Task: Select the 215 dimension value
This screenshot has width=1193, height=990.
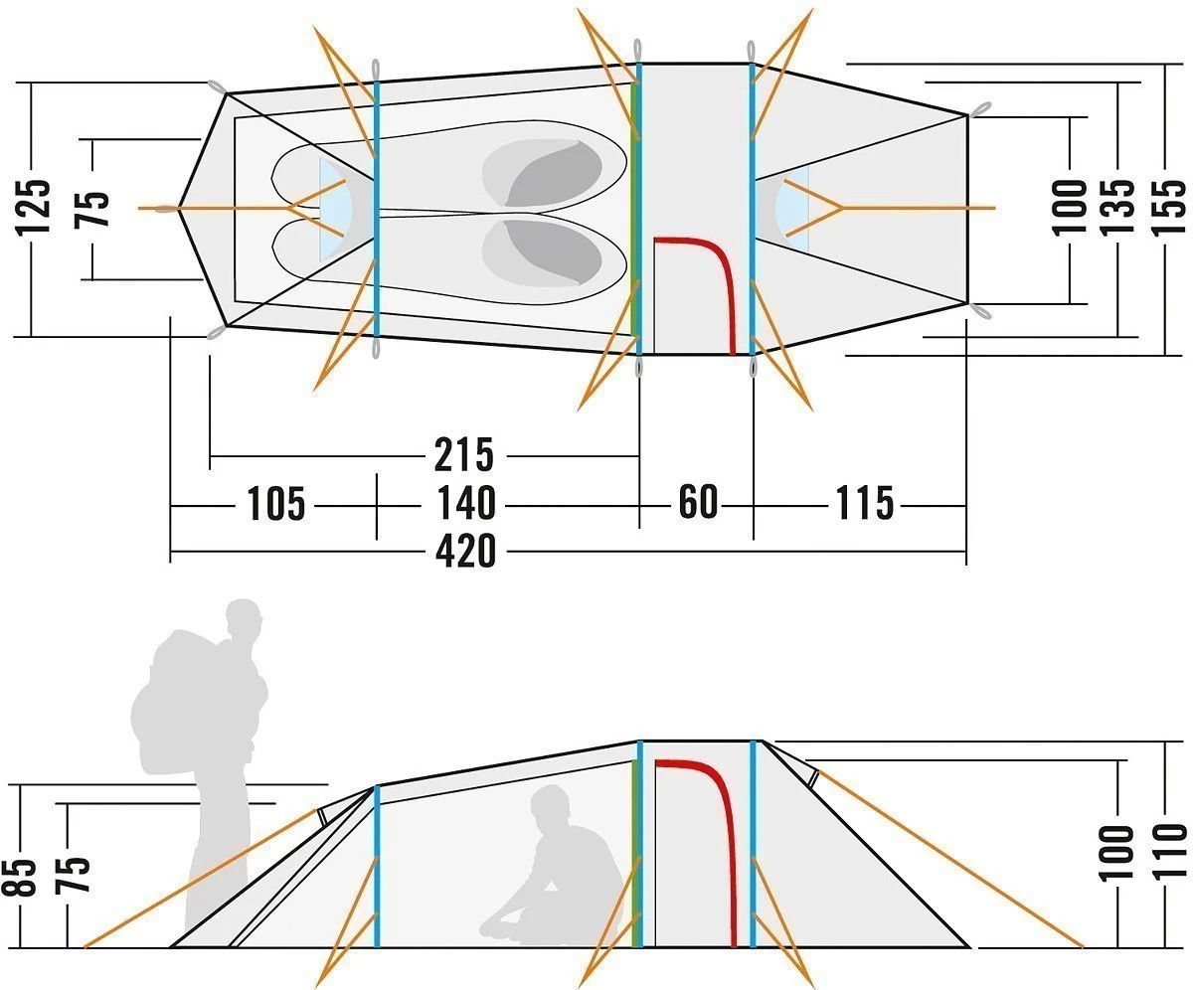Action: click(463, 455)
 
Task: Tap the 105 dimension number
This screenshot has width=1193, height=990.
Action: click(275, 504)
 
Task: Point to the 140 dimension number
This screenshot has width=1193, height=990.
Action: click(463, 504)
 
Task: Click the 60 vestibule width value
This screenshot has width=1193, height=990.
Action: click(698, 503)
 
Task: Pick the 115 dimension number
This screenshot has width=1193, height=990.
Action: click(864, 504)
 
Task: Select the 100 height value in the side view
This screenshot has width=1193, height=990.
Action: click(1118, 852)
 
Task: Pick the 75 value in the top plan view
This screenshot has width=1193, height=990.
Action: click(93, 209)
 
